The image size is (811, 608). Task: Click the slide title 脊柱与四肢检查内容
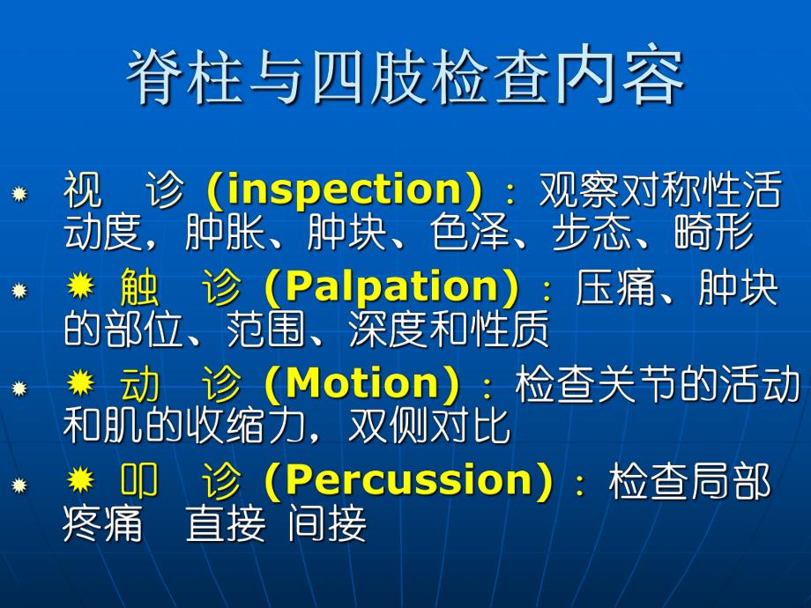click(405, 79)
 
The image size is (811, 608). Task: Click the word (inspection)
click(345, 191)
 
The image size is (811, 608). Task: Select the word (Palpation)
click(391, 288)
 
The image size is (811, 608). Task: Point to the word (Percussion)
click(408, 481)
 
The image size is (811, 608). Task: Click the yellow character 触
click(138, 288)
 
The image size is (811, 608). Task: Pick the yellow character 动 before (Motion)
click(138, 384)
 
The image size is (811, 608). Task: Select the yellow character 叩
click(138, 481)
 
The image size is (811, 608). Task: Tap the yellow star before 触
click(80, 285)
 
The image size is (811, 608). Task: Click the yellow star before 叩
click(80, 478)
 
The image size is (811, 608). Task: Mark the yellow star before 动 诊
click(80, 382)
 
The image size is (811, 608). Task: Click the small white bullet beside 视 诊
click(19, 193)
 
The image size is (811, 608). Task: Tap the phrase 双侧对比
click(429, 426)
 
